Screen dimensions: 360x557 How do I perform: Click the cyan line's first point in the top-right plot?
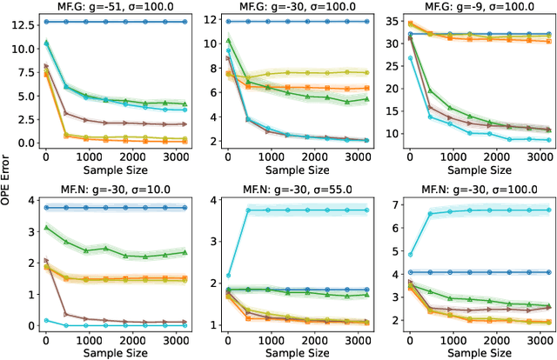click(410, 58)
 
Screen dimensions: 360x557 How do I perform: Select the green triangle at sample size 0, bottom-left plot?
click(46, 227)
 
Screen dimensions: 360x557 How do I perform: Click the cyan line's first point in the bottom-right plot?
click(410, 255)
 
